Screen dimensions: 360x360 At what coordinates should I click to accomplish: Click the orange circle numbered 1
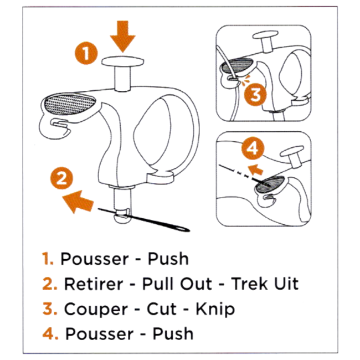[x=86, y=53]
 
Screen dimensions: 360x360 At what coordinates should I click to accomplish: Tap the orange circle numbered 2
[x=61, y=178]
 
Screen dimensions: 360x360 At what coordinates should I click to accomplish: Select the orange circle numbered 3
[x=255, y=94]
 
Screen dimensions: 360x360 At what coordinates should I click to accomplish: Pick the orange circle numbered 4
[x=253, y=148]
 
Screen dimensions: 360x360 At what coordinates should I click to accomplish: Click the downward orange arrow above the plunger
[x=123, y=36]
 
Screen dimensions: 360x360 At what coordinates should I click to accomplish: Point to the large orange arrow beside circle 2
[x=78, y=202]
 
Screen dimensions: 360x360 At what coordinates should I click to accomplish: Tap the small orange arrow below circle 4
[x=255, y=169]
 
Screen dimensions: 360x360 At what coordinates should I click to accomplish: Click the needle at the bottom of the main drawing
[x=144, y=220]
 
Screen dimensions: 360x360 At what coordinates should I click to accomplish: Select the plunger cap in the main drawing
[x=123, y=61]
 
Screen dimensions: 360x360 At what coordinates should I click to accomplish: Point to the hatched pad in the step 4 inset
[x=270, y=184]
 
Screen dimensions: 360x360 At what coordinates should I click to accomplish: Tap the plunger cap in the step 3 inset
[x=266, y=35]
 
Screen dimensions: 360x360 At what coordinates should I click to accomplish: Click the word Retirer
[x=94, y=284]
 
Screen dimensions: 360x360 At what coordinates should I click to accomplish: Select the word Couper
[x=96, y=309]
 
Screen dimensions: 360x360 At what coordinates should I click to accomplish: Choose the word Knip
[x=215, y=309]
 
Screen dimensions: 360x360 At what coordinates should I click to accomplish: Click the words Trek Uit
[x=265, y=284]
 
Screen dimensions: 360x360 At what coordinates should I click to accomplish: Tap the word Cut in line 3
[x=162, y=309]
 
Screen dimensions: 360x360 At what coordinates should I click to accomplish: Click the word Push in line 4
[x=173, y=333]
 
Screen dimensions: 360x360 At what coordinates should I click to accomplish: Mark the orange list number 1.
[x=48, y=259]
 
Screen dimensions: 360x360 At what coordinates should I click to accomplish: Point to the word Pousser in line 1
[x=94, y=259]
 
